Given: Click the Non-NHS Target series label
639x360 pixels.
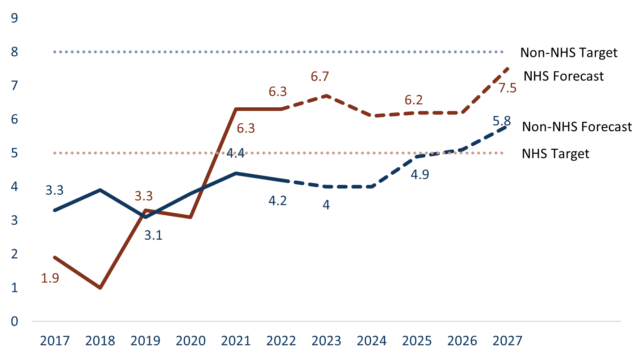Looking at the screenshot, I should pos(568,53).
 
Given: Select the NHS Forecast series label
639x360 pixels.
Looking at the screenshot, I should pos(564,76).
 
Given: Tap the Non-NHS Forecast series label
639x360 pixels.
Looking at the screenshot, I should pos(577,127).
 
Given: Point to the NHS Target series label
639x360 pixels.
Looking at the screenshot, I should pos(555,154).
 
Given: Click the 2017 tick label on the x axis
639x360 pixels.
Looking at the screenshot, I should pos(55,341).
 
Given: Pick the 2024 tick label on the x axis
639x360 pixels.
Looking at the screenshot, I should pos(372,341).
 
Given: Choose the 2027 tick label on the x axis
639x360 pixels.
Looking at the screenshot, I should pos(507,341).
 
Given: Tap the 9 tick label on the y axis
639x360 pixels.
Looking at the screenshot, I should pos(15,18).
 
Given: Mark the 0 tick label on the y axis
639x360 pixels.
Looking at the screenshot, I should pos(15,321).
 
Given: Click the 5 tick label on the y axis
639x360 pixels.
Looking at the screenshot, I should pos(15,153).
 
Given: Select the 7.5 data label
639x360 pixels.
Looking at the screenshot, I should pos(507,88).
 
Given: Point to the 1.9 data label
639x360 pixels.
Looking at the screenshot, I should pos(50,278).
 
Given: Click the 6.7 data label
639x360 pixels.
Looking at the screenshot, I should pos(320,77).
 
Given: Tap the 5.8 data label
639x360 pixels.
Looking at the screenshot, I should pos(502,121).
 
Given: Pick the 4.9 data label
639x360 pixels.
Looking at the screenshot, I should pos(420,174).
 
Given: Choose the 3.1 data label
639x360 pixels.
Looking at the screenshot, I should pos(153,236).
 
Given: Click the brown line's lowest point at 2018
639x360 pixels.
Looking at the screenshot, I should pos(100,288).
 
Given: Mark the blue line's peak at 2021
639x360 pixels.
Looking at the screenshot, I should pos(236,173).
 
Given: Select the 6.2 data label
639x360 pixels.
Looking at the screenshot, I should pos(414,100).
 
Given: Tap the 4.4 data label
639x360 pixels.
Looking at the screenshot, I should pos(235,153).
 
